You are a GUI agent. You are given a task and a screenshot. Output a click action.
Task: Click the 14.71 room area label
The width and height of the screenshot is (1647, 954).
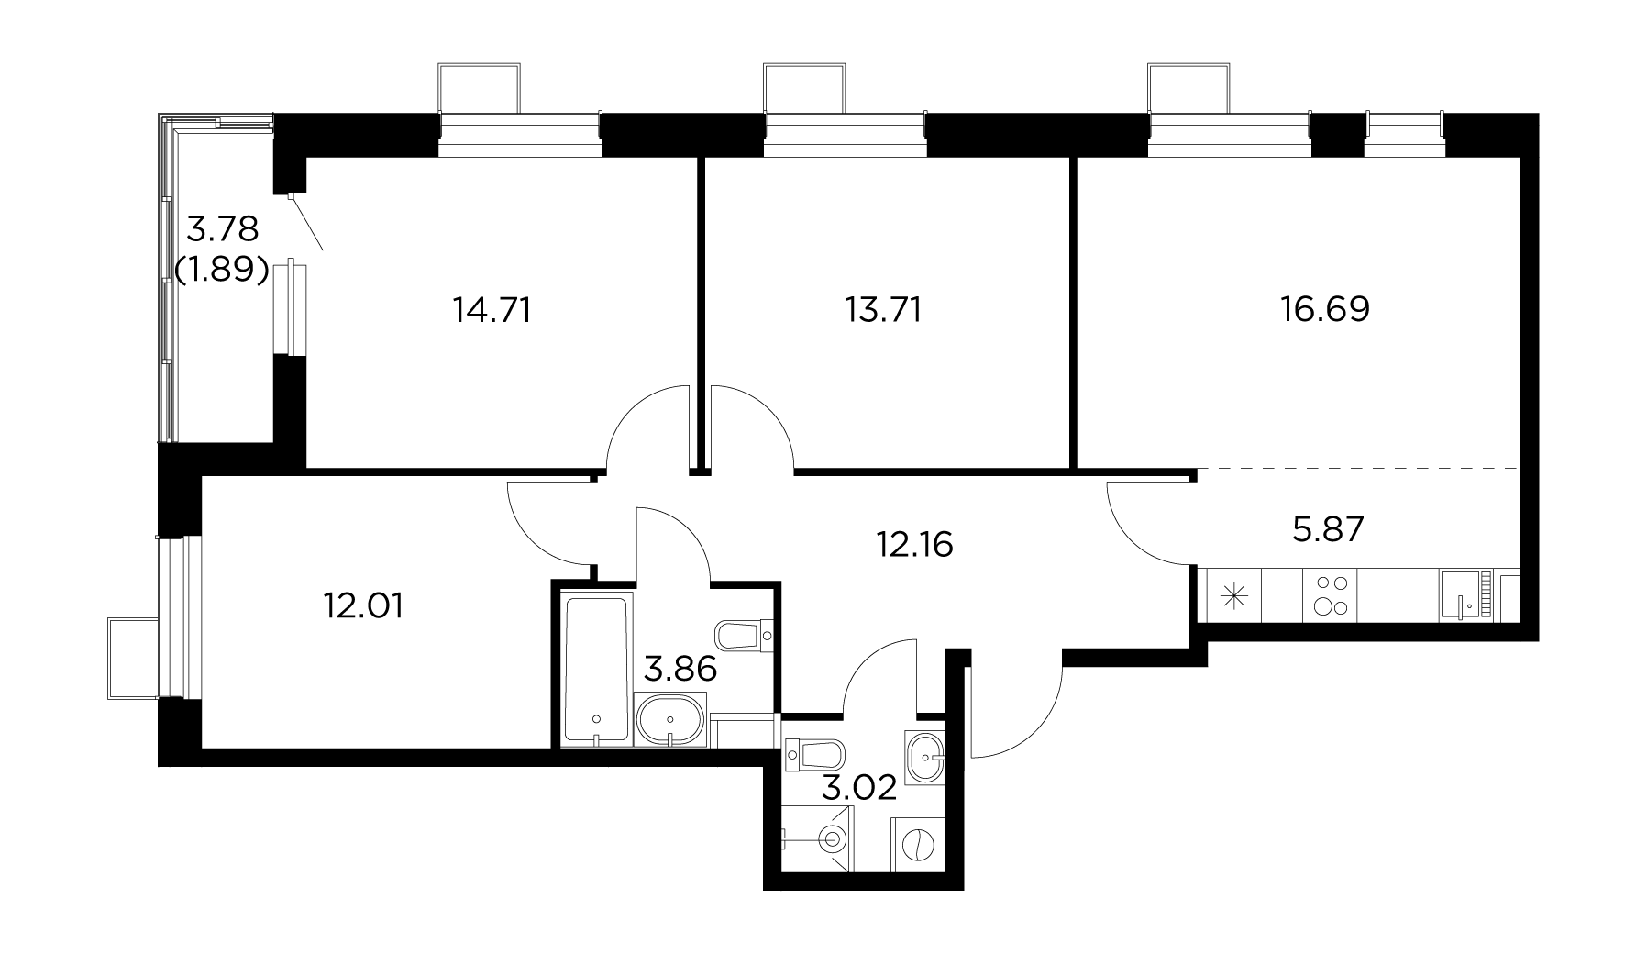click(492, 310)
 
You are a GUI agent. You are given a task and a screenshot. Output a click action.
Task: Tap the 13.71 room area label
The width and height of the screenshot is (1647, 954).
click(882, 310)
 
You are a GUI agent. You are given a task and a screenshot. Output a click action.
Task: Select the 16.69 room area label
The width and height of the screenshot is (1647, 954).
click(1325, 309)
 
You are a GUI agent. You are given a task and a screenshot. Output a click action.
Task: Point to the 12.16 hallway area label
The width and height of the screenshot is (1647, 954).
click(913, 545)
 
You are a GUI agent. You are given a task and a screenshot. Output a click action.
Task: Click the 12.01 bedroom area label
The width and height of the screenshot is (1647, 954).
click(362, 606)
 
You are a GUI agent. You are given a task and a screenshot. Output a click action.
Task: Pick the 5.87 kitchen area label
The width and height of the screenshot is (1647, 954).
click(1328, 528)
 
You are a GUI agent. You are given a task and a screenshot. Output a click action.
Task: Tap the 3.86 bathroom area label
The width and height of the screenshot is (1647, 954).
click(680, 670)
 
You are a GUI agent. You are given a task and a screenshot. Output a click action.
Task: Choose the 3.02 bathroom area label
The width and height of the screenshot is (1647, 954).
click(858, 788)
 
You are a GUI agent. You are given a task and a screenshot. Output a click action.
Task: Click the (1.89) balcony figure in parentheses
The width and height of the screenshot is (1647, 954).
click(221, 270)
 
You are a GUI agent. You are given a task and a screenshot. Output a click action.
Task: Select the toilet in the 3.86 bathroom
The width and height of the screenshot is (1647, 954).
click(744, 634)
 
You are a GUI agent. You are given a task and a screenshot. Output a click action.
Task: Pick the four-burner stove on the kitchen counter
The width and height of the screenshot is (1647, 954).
click(1330, 594)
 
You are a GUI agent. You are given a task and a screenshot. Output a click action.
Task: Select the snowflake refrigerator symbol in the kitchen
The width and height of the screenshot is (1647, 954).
click(1234, 595)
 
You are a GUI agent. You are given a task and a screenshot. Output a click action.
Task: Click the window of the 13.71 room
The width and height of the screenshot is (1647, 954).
click(845, 128)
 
